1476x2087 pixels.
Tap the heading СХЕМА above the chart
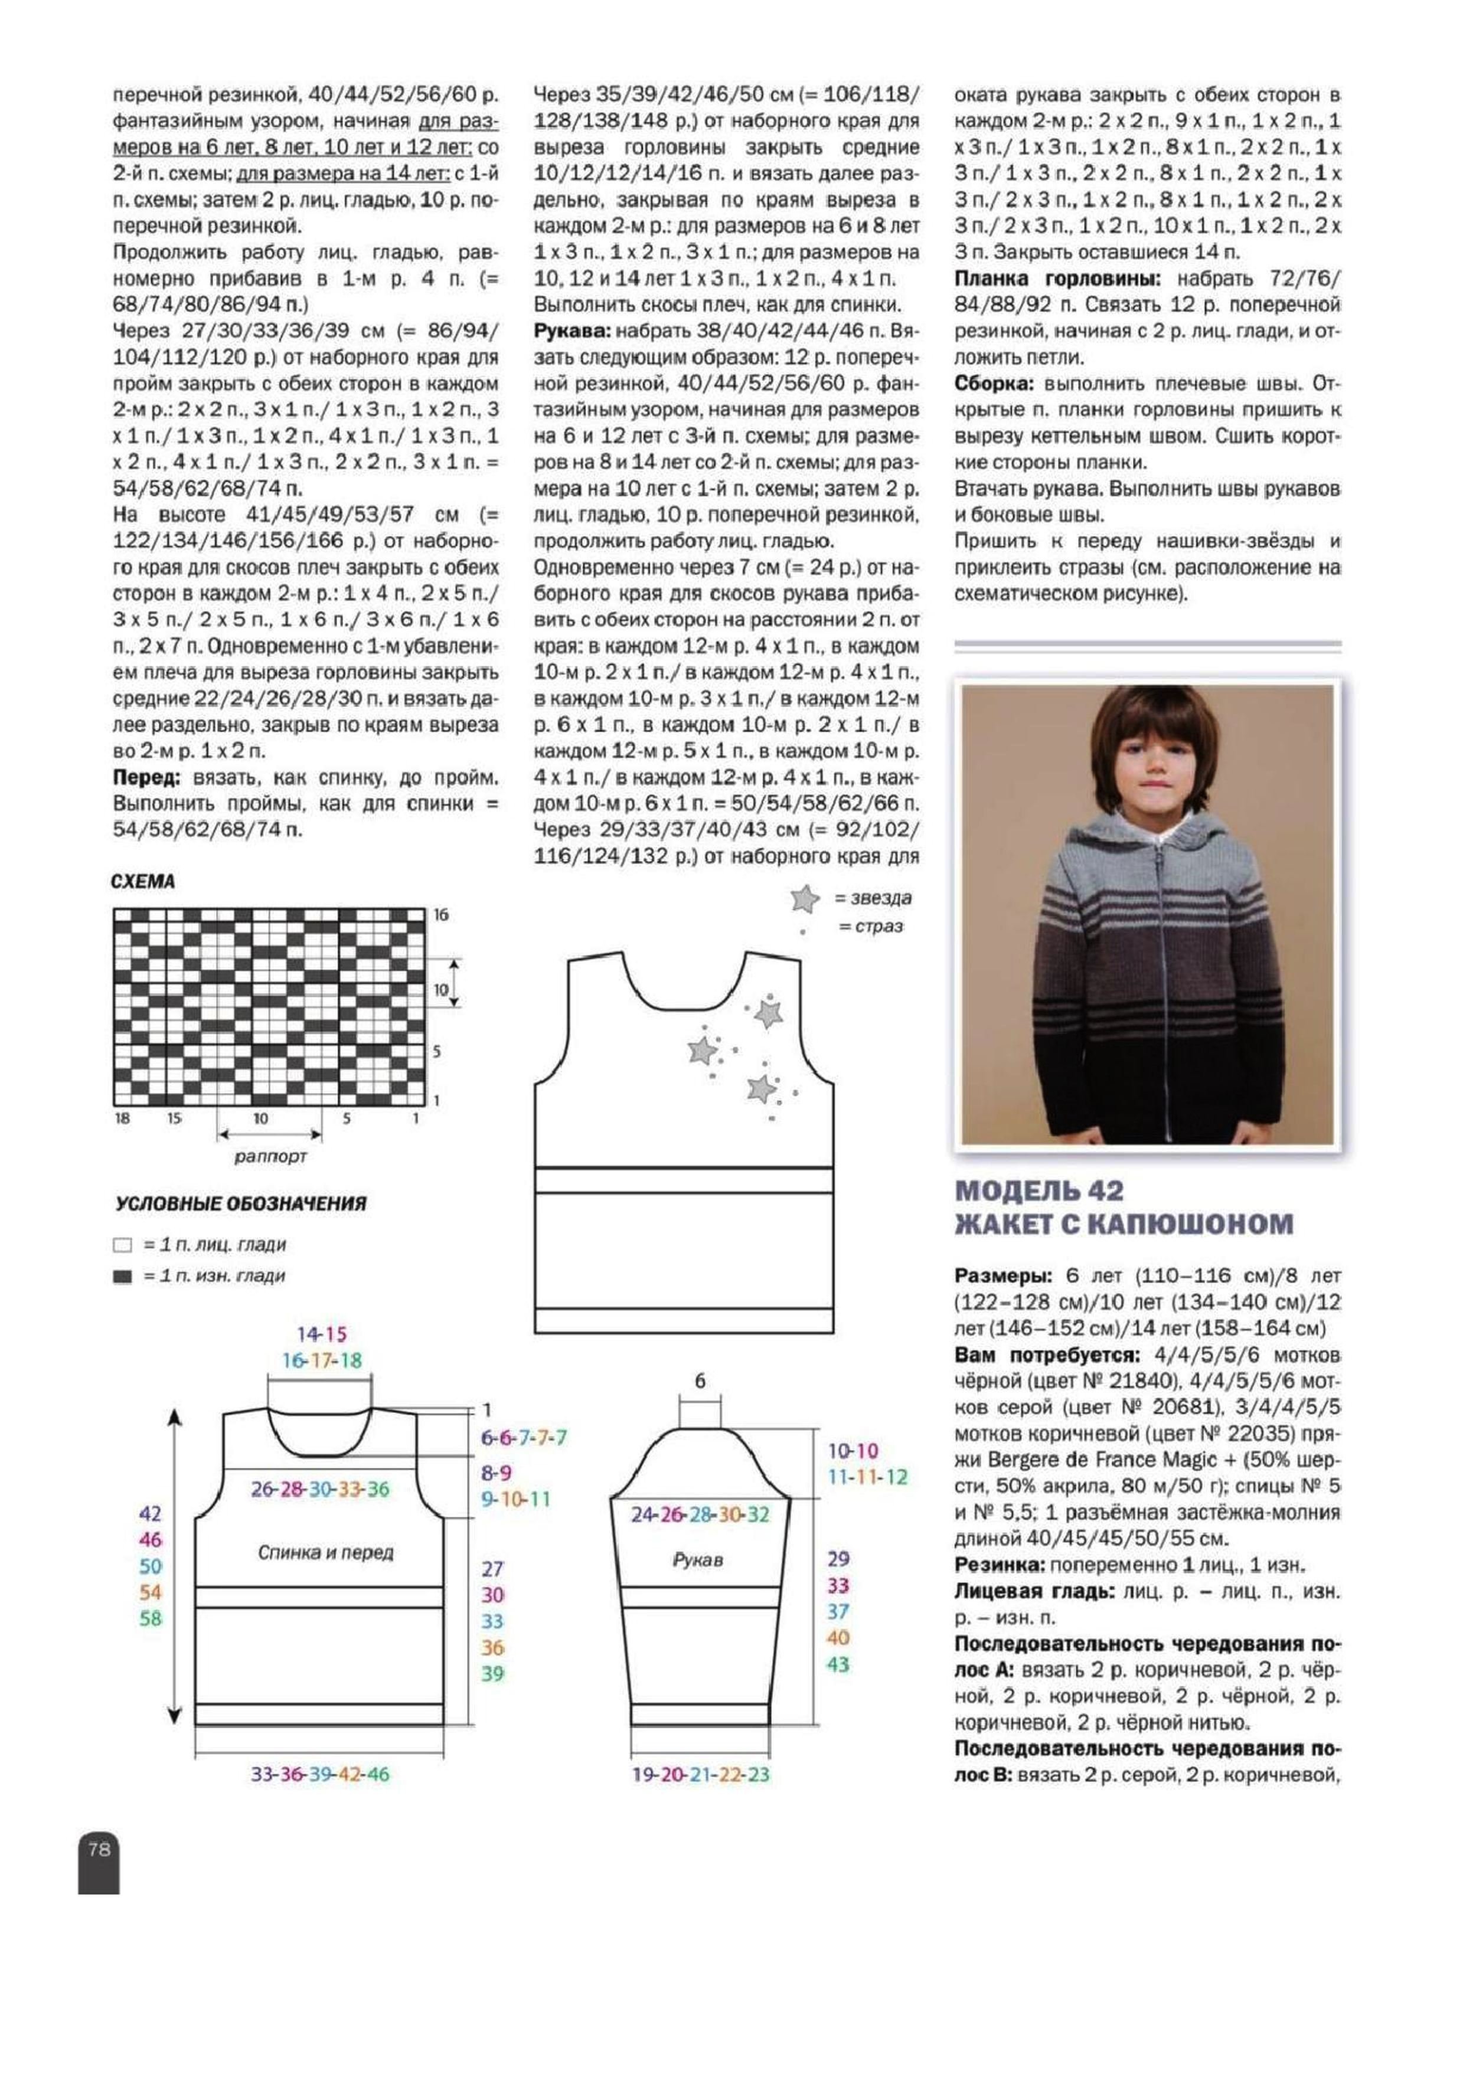coord(143,882)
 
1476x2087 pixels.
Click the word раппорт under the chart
coord(270,1157)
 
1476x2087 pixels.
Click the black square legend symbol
coord(122,1276)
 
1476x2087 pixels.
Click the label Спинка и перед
coord(325,1552)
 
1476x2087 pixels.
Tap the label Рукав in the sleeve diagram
coord(697,1560)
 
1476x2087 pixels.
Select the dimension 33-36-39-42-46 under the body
coord(320,1774)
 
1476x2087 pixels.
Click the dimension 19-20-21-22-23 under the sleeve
coord(700,1774)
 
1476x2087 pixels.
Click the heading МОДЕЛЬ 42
coord(1039,1190)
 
